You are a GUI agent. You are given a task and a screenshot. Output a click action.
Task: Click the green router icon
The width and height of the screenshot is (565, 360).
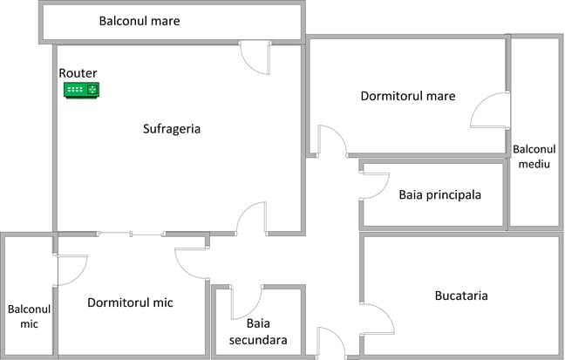pyautogui.click(x=82, y=89)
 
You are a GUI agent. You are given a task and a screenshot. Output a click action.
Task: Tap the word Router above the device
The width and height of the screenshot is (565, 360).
pyautogui.click(x=78, y=73)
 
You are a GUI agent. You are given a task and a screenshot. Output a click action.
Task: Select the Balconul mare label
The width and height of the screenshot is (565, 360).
pyautogui.click(x=140, y=20)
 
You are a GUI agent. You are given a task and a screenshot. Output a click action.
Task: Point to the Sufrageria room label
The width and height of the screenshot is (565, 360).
pyautogui.click(x=172, y=129)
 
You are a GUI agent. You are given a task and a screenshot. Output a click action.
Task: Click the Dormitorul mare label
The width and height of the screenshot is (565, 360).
pyautogui.click(x=408, y=96)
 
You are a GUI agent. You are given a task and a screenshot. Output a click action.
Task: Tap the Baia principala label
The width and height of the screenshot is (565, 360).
pyautogui.click(x=440, y=194)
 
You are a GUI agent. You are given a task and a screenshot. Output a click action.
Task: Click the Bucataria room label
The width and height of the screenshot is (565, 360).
pyautogui.click(x=461, y=296)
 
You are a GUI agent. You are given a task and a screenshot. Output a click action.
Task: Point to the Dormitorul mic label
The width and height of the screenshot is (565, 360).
pyautogui.click(x=130, y=303)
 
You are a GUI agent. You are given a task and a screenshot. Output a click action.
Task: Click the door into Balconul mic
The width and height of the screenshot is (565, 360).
pyautogui.click(x=71, y=269)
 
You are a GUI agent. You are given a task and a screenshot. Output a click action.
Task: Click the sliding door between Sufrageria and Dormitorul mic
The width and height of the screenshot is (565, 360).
pyautogui.click(x=131, y=233)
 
